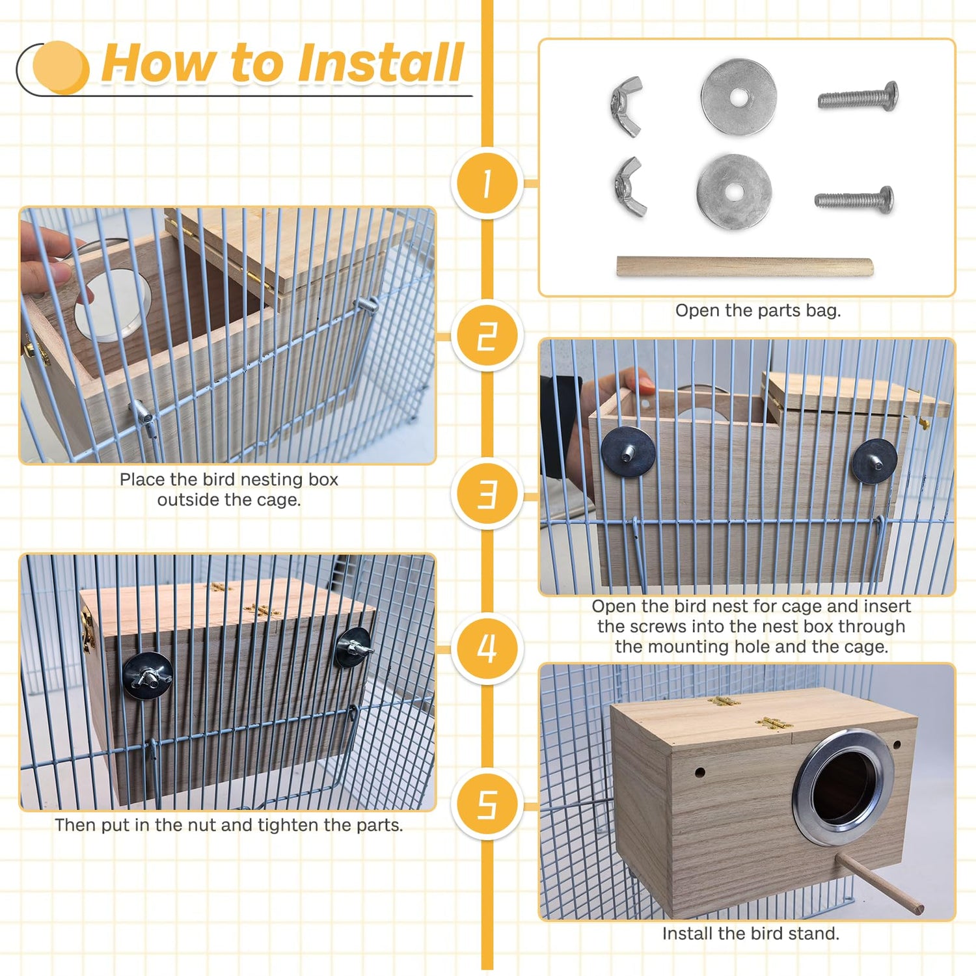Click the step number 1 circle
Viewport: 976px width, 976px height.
pyautogui.click(x=487, y=183)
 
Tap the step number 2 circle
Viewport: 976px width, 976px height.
pyautogui.click(x=487, y=336)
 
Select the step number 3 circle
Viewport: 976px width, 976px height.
pyautogui.click(x=487, y=494)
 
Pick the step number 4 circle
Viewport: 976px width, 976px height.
pyautogui.click(x=487, y=649)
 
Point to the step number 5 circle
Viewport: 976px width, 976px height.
pyautogui.click(x=487, y=804)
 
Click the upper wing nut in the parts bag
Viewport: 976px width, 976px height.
pyautogui.click(x=627, y=106)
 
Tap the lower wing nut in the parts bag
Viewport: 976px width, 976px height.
pyautogui.click(x=630, y=187)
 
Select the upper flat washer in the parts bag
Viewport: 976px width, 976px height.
pyautogui.click(x=739, y=98)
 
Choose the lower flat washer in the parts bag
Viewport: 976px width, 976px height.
pyautogui.click(x=734, y=192)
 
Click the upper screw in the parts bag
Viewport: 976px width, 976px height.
pyautogui.click(x=858, y=98)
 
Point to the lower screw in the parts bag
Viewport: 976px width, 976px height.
pyautogui.click(x=854, y=199)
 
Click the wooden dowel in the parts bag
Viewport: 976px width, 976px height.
pyautogui.click(x=745, y=266)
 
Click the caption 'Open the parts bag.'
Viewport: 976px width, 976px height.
pyautogui.click(x=758, y=310)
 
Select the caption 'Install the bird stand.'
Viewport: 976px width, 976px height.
pyautogui.click(x=751, y=934)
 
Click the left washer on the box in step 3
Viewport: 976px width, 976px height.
pyautogui.click(x=628, y=452)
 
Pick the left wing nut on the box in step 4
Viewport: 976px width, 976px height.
pyautogui.click(x=148, y=676)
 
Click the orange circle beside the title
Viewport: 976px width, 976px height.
pyautogui.click(x=61, y=67)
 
